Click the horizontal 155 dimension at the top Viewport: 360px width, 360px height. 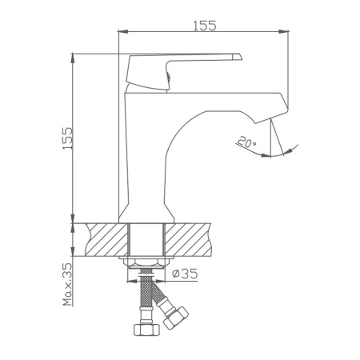pyautogui.click(x=205, y=25)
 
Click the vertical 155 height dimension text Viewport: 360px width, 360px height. pyautogui.click(x=68, y=141)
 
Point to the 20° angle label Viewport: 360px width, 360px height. pyautogui.click(x=246, y=143)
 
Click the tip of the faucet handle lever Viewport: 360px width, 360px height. pyautogui.click(x=238, y=56)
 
